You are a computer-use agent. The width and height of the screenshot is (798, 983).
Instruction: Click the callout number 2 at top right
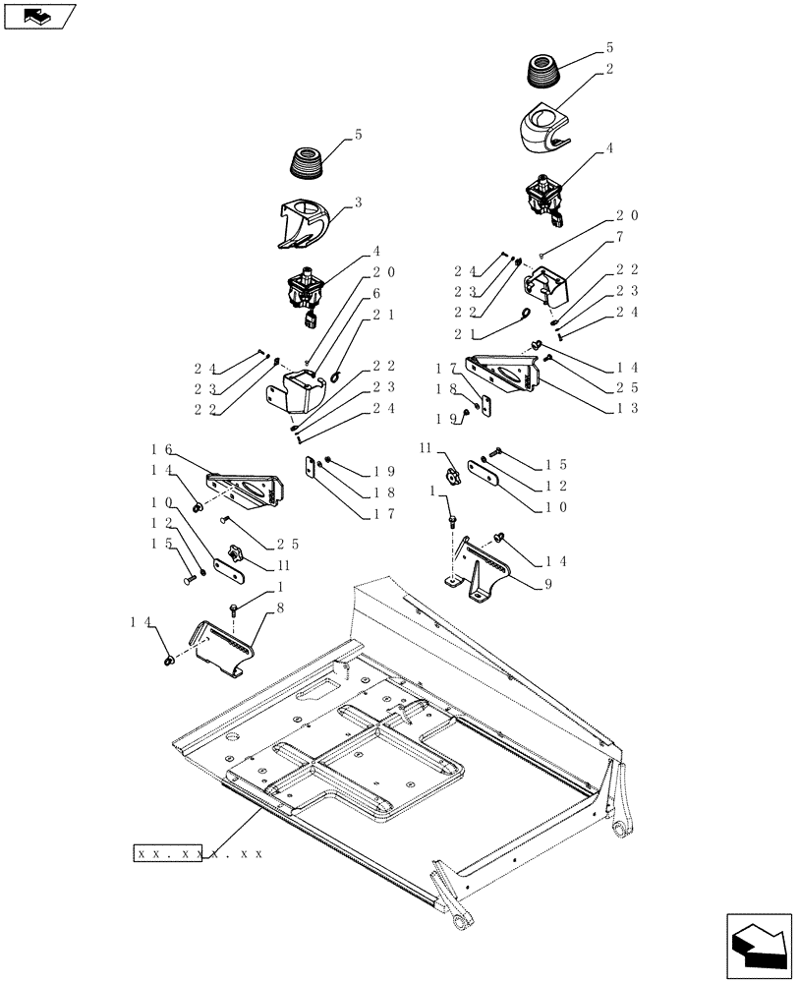pyautogui.click(x=610, y=69)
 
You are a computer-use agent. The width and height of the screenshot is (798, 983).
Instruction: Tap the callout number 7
pyautogui.click(x=620, y=237)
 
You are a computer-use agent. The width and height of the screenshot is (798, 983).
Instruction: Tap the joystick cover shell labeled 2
pyautogui.click(x=543, y=127)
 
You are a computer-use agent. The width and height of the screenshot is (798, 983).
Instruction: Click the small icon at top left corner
pyautogui.click(x=39, y=16)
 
